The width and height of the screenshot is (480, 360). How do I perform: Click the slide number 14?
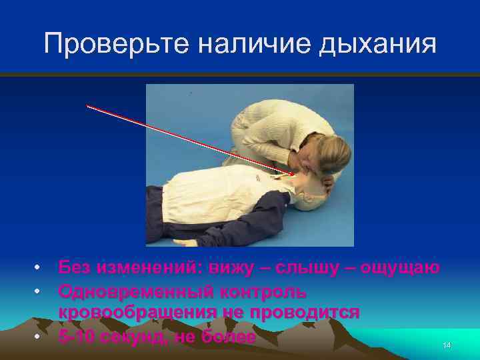click(x=447, y=345)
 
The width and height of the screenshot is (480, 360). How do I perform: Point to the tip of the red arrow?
click(x=294, y=175)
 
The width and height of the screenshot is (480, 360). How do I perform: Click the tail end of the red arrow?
click(x=87, y=105)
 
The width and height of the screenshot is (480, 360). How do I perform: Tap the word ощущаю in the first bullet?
click(x=400, y=268)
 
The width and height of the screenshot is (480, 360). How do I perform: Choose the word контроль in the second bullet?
click(x=264, y=291)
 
